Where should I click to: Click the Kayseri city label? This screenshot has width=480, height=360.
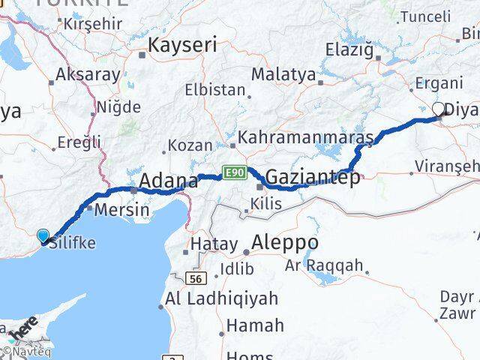click(x=182, y=45)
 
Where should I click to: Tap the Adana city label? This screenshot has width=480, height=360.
click(x=169, y=181)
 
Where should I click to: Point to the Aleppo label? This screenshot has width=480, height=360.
click(x=285, y=244)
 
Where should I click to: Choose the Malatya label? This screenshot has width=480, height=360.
click(x=283, y=74)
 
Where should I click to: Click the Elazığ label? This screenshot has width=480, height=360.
click(x=349, y=49)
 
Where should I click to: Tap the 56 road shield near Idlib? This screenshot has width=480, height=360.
click(x=197, y=278)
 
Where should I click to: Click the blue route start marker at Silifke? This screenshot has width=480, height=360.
click(x=43, y=236)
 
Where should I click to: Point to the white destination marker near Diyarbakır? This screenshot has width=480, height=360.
click(x=439, y=109)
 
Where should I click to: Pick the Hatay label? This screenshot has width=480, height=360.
click(x=213, y=244)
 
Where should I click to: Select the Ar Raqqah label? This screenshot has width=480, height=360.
click(x=334, y=265)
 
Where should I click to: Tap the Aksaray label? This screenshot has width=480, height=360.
click(x=88, y=75)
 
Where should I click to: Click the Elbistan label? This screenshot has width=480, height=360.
click(x=216, y=90)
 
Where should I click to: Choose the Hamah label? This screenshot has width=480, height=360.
click(x=255, y=325)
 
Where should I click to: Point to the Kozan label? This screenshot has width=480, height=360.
click(x=190, y=145)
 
